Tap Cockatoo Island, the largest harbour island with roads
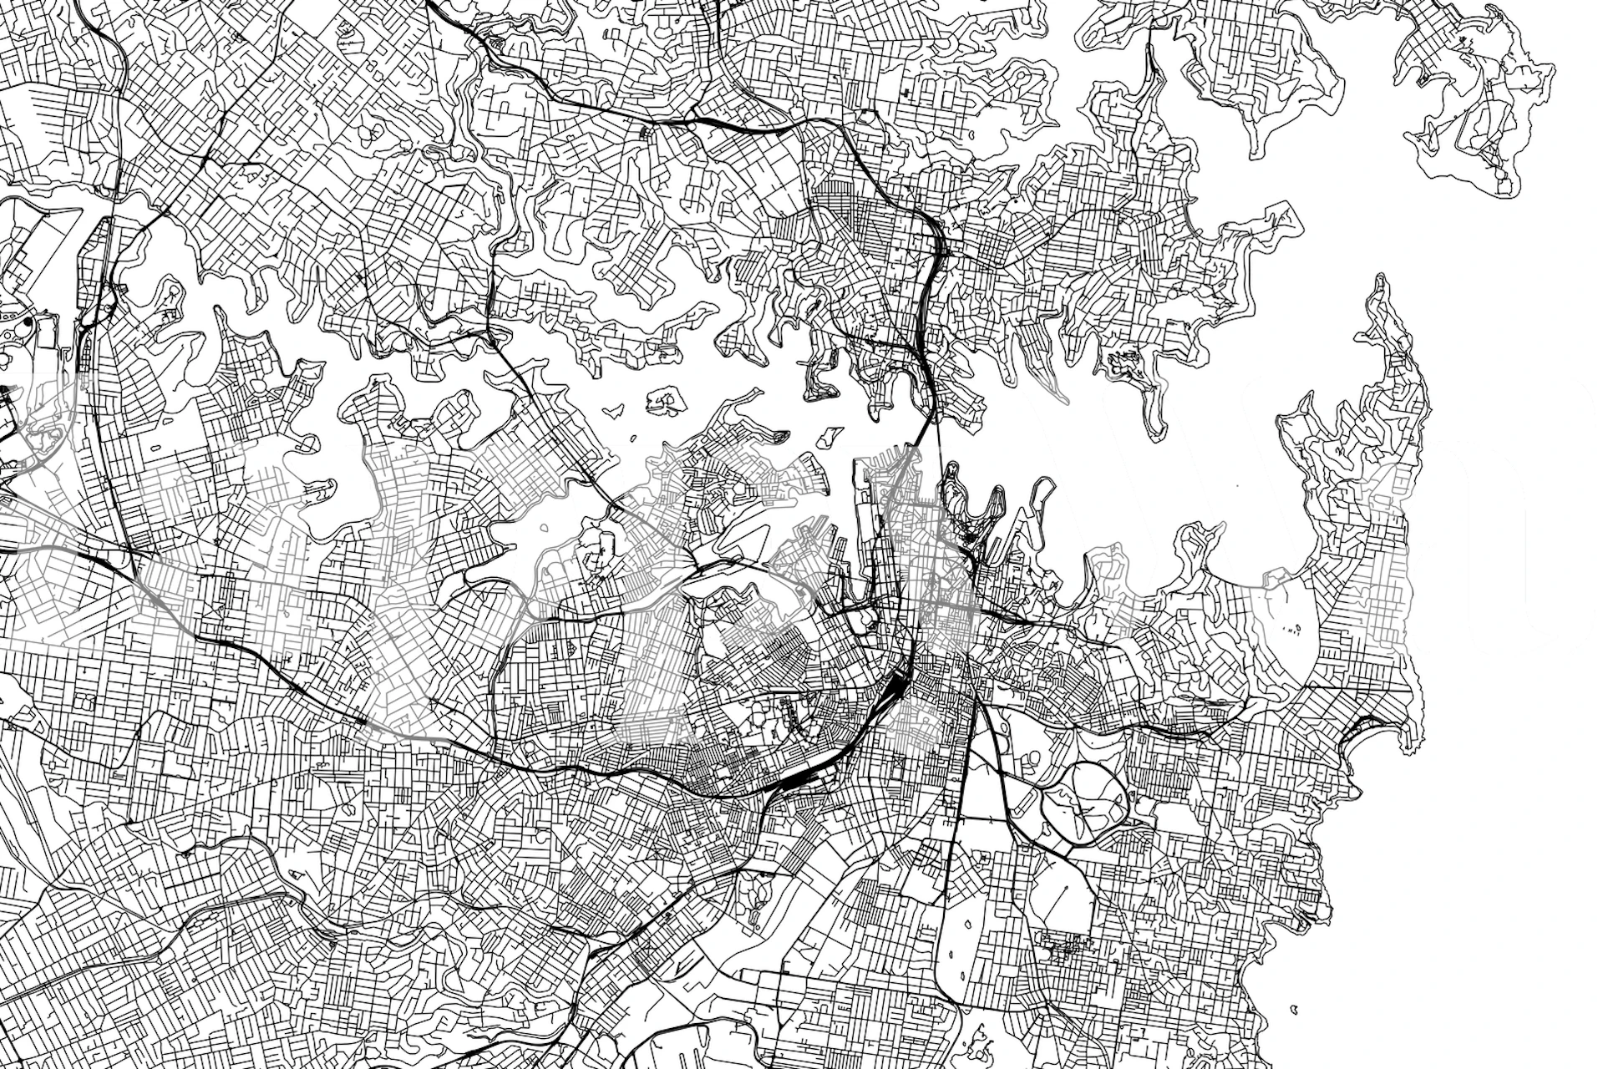tap(665, 401)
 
